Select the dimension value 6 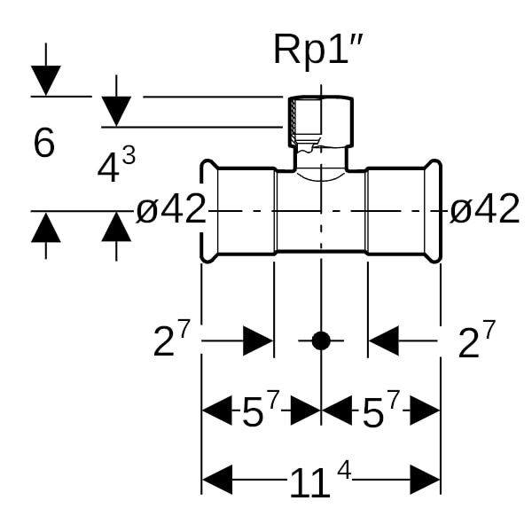(44, 143)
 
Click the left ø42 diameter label (171, 210)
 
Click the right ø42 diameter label (484, 210)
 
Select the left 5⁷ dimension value (261, 411)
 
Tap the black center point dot (321, 340)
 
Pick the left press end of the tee (210, 211)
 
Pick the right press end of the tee (432, 211)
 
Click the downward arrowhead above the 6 (45, 82)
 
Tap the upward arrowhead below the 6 (45, 228)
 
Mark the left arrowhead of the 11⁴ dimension (218, 481)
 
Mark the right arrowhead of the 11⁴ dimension (425, 481)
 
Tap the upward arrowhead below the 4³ (116, 228)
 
